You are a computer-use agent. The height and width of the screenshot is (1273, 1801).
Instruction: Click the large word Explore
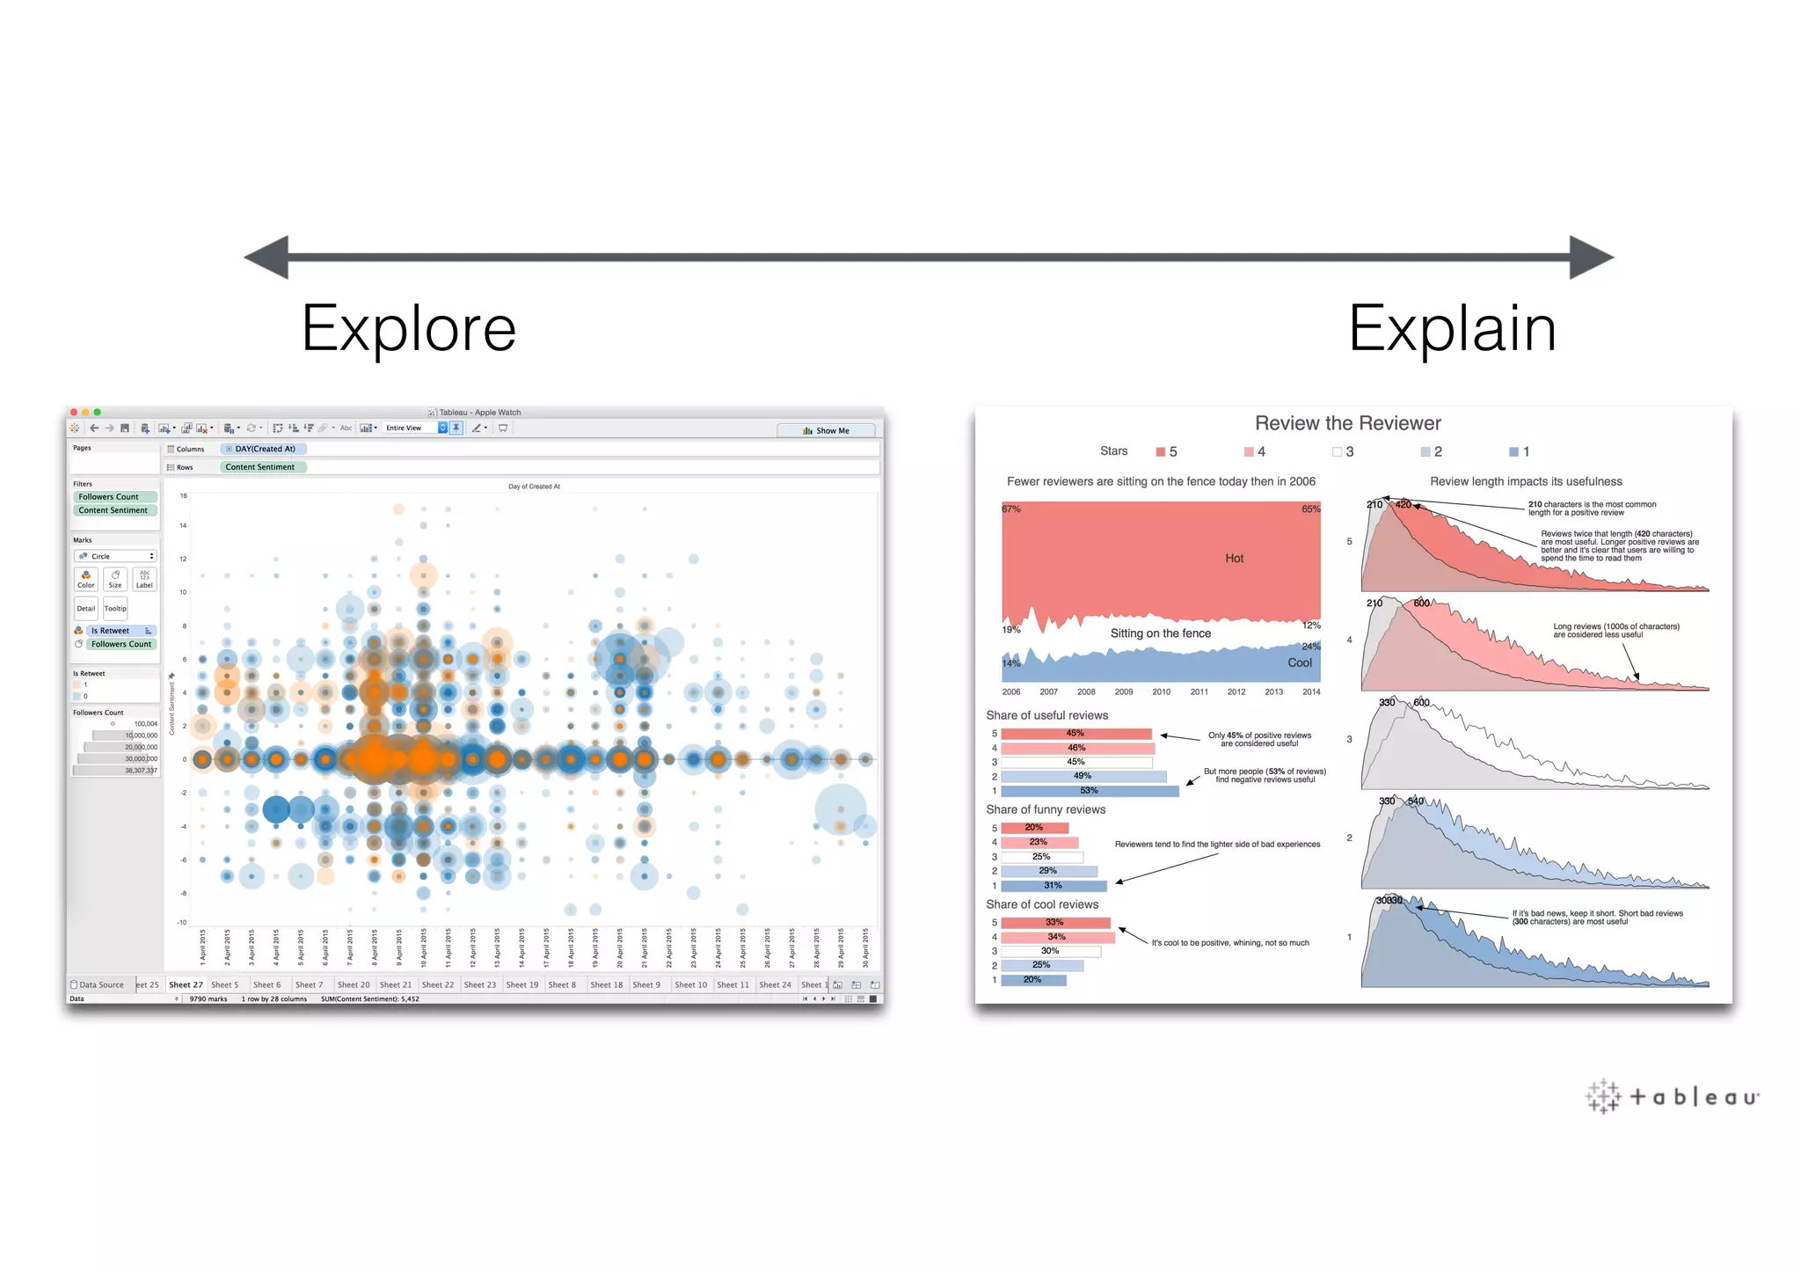(x=408, y=329)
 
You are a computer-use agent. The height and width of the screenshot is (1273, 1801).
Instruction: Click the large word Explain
(x=1452, y=329)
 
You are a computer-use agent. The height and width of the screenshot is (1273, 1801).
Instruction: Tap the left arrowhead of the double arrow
(x=267, y=257)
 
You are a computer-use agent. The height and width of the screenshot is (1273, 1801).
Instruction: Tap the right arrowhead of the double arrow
(x=1590, y=257)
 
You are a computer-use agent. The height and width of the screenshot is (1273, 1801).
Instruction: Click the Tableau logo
(x=1672, y=1096)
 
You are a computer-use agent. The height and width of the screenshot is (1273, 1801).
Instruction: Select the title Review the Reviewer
(x=1347, y=423)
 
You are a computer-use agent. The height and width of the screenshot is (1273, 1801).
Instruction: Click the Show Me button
(x=826, y=430)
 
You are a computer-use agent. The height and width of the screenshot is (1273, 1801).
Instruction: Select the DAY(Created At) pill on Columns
(x=263, y=449)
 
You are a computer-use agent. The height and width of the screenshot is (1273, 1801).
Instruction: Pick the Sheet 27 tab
(x=186, y=984)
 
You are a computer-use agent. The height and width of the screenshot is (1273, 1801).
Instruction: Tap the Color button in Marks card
(x=86, y=578)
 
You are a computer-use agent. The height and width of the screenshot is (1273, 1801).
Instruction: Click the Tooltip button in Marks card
(x=115, y=608)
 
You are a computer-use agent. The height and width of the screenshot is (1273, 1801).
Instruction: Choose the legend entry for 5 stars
(x=1166, y=451)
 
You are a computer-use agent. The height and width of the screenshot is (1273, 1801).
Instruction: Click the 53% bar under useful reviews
(x=1089, y=791)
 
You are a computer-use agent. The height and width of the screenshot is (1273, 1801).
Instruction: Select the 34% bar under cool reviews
(x=1057, y=937)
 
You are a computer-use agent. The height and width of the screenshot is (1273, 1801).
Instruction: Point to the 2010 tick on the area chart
(x=1161, y=691)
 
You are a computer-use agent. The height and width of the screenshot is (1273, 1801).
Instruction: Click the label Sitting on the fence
(x=1160, y=633)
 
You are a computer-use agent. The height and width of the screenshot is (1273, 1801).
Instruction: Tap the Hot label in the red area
(x=1234, y=559)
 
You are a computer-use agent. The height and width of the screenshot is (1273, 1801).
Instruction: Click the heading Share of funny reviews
(x=1046, y=809)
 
